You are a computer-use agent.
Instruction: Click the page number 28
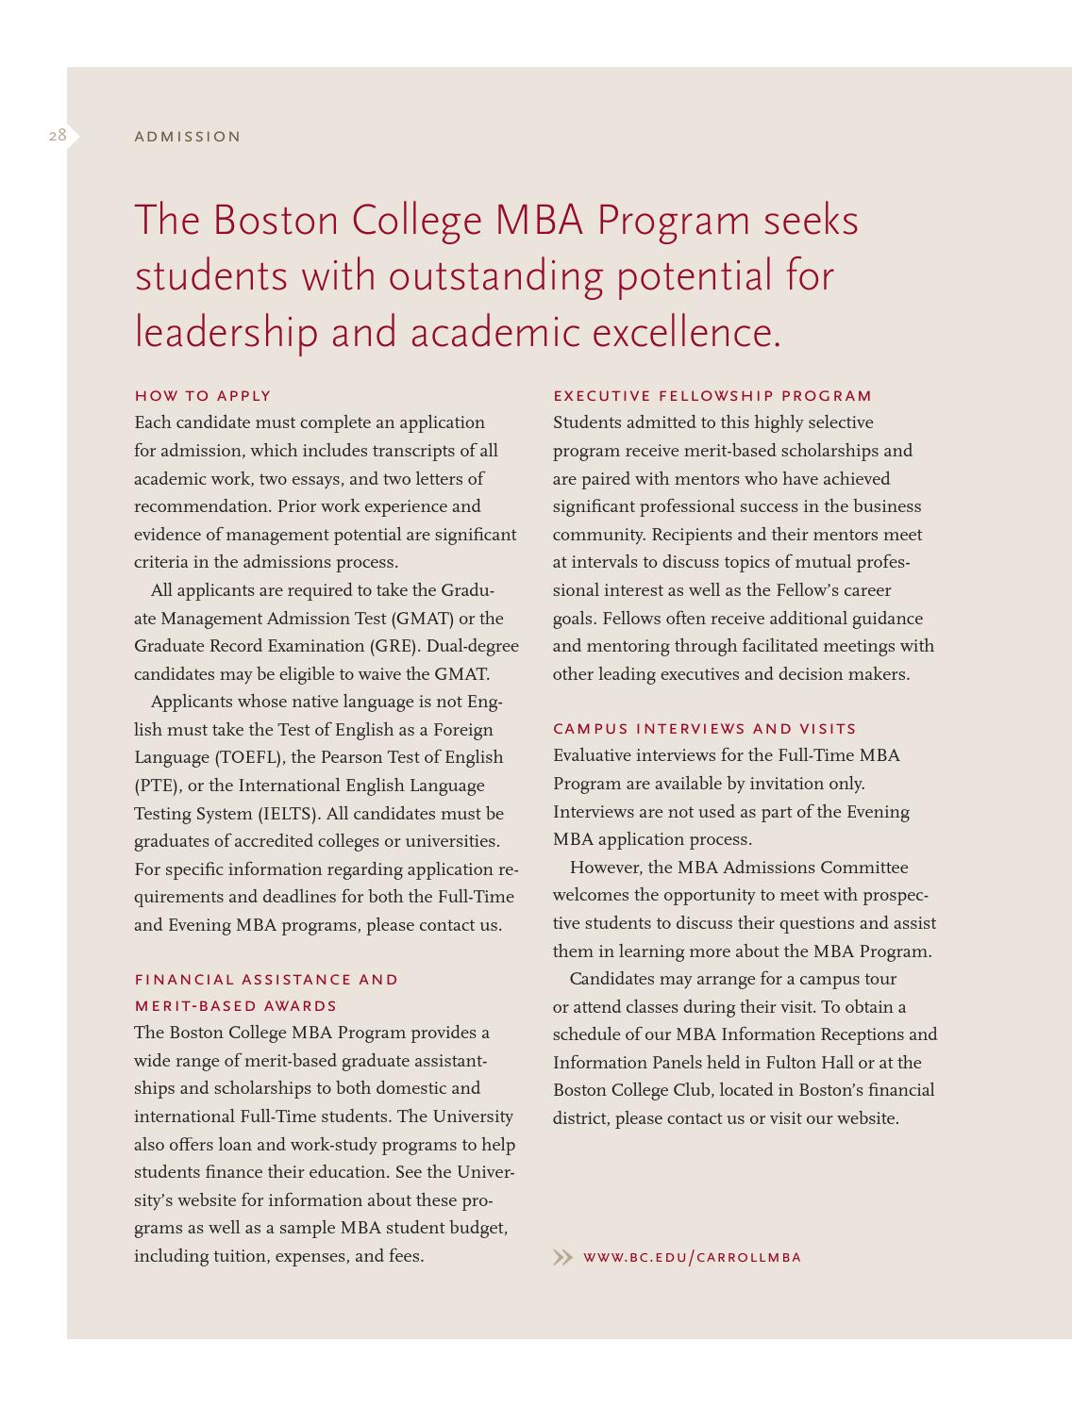click(x=58, y=136)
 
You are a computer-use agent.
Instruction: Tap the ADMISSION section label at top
click(x=188, y=137)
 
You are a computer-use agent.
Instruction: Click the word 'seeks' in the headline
click(x=811, y=221)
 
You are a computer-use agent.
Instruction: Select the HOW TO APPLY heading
click(x=203, y=396)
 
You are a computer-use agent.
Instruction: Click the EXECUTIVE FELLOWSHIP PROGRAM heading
click(x=712, y=396)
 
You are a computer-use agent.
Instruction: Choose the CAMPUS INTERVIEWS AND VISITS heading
click(x=704, y=729)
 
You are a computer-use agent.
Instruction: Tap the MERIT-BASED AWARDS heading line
click(x=235, y=1006)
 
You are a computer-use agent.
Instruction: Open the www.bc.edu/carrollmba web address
click(x=692, y=1257)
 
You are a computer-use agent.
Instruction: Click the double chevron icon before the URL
click(x=562, y=1257)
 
